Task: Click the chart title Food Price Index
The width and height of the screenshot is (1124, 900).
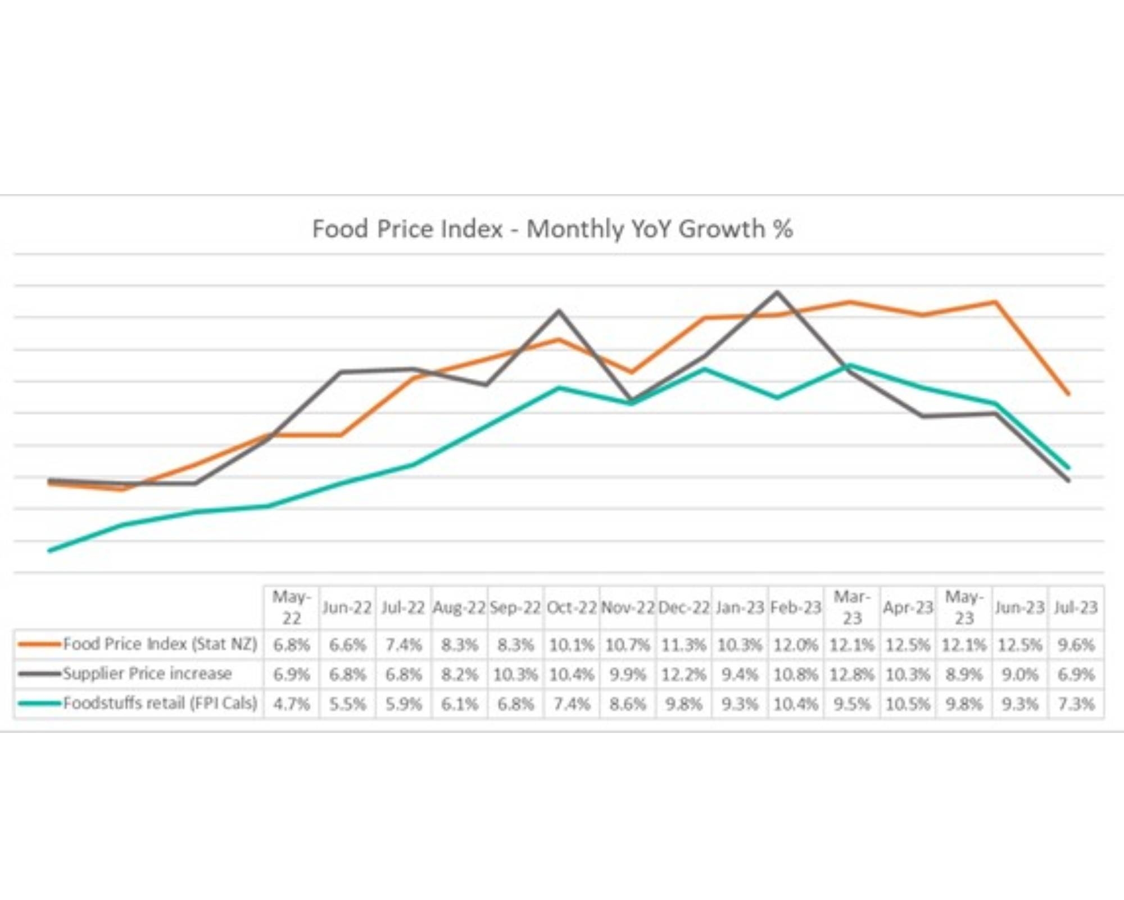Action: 552,229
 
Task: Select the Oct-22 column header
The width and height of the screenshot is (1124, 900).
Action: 572,607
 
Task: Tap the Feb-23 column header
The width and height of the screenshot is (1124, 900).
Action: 796,607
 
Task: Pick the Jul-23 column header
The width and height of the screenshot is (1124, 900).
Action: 1076,607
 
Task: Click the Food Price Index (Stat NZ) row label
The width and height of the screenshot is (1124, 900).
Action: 160,643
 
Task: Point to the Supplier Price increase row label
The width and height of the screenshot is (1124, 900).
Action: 147,673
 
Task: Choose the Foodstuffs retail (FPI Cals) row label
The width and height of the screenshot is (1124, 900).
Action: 160,703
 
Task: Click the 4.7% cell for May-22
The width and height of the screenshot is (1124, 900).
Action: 291,704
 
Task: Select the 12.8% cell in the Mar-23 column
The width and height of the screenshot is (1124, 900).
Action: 852,674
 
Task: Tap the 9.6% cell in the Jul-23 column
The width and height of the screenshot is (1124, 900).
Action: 1076,645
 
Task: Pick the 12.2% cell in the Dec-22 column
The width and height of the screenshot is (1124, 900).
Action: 683,674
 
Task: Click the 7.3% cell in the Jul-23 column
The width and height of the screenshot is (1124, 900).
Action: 1076,704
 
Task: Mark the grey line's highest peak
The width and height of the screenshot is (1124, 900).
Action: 778,292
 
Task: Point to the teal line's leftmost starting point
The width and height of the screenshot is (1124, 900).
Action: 50,551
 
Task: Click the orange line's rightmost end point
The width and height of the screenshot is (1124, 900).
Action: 1068,394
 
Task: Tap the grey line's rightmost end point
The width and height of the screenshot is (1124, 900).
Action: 1068,480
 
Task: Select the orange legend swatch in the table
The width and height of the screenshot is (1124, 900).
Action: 39,643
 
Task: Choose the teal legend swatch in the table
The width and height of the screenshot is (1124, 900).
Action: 39,703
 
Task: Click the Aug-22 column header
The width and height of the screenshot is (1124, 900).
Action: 459,607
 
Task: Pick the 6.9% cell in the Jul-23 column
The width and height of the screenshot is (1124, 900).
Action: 1076,674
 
